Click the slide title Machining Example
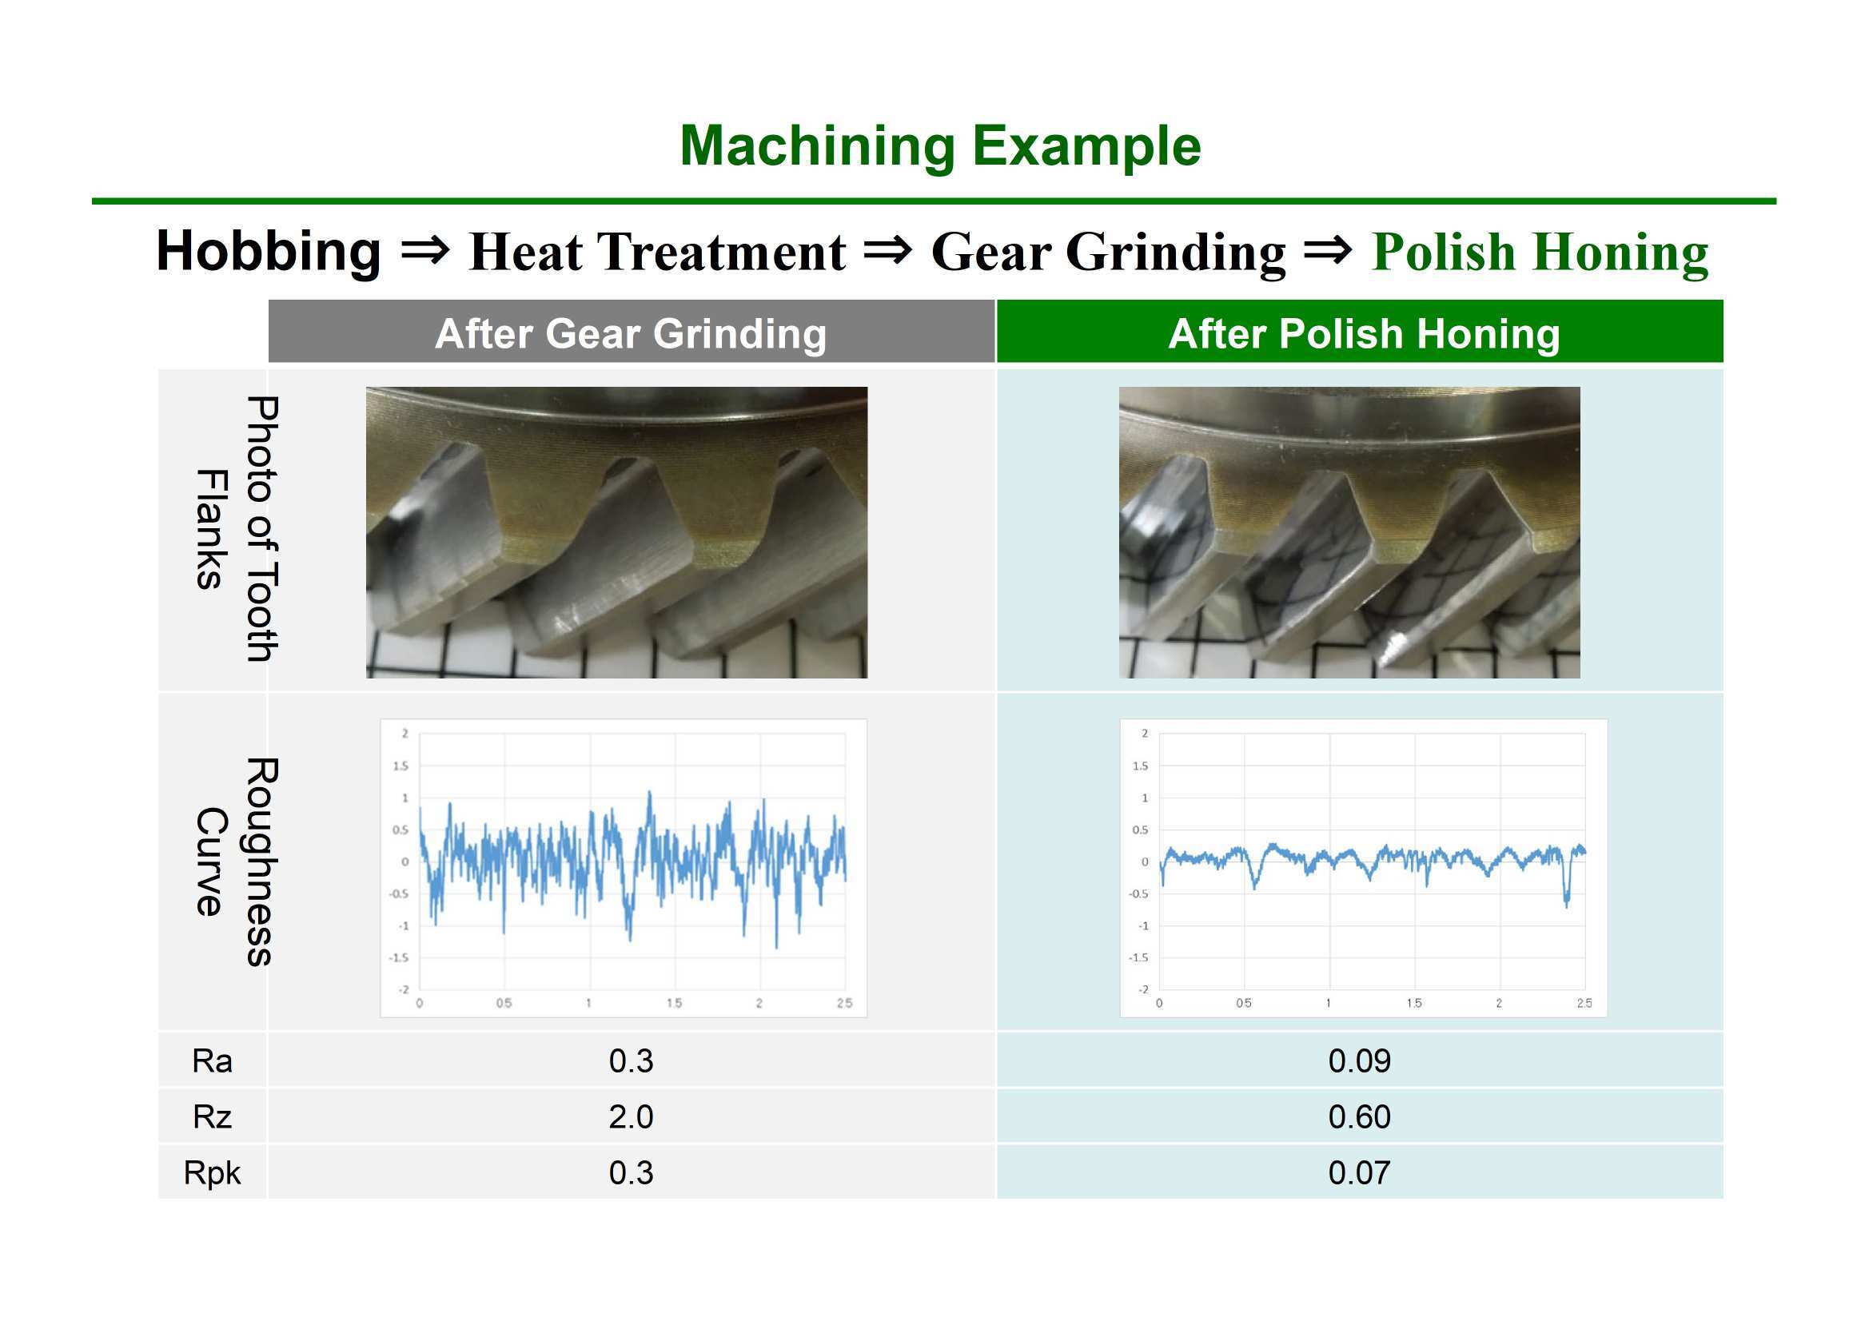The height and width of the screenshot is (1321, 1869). (940, 146)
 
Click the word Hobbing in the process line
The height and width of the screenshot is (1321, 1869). (269, 252)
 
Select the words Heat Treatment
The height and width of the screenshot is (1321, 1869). (658, 252)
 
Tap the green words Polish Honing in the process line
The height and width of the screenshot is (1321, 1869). (1540, 253)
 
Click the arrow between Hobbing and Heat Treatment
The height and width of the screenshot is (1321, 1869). (426, 251)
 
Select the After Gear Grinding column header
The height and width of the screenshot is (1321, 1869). (631, 334)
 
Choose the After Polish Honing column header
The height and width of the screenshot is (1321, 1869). (1365, 334)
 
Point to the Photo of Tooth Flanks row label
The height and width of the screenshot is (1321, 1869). (237, 529)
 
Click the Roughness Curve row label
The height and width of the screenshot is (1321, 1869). (237, 861)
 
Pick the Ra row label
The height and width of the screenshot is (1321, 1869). (213, 1061)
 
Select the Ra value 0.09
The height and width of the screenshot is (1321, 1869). (1360, 1061)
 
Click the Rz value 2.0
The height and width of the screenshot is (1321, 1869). (631, 1116)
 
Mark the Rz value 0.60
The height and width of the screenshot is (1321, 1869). (1360, 1116)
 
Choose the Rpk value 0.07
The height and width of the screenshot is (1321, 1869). (1360, 1173)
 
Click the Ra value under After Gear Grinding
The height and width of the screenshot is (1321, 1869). (631, 1061)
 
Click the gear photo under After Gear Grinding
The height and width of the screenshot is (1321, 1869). (616, 532)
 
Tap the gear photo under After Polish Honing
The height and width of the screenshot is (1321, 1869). (1349, 532)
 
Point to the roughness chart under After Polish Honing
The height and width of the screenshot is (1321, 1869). (1364, 868)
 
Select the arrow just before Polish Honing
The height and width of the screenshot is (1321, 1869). (1328, 251)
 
